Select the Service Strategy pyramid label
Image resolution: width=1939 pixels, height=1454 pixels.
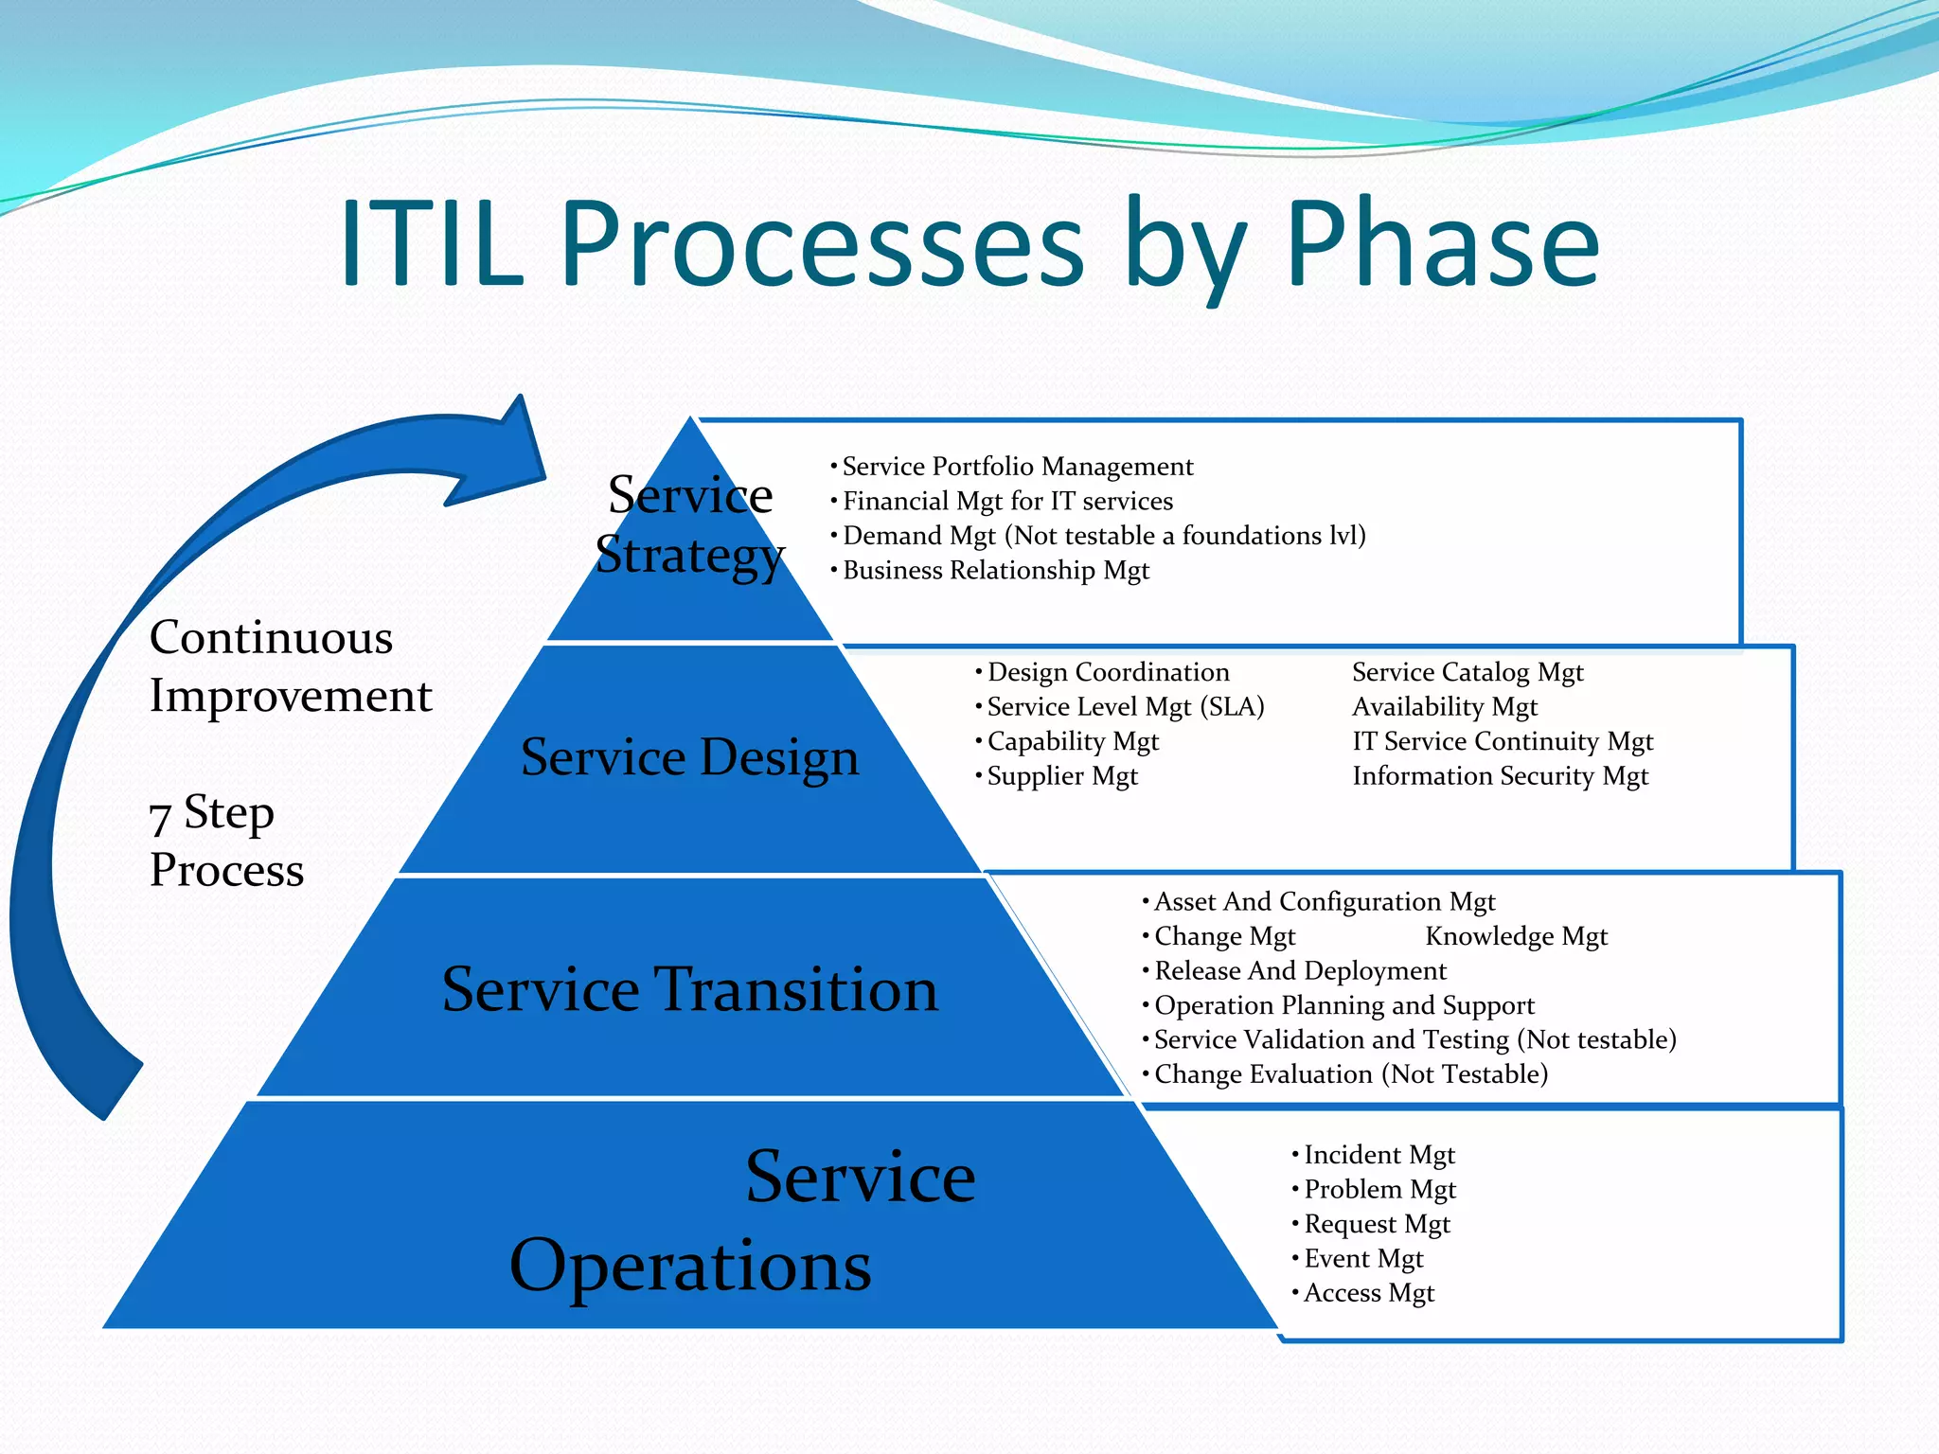pos(690,524)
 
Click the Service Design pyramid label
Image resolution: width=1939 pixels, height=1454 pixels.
pos(690,757)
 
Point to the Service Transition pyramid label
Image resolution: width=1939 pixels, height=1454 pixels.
pos(690,989)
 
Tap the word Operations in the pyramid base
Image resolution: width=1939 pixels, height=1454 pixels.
pos(690,1267)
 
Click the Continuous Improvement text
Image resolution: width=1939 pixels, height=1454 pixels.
pos(290,666)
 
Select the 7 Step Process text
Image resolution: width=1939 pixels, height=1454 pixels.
pos(226,841)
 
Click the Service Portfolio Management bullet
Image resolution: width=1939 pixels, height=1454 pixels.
pos(1017,467)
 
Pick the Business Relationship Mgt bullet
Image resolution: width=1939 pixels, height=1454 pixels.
pos(995,571)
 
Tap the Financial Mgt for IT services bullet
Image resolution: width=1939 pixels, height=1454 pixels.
pos(1007,501)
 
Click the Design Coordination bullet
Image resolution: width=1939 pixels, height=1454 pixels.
pos(1108,672)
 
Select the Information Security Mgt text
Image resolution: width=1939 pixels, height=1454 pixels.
pos(1500,776)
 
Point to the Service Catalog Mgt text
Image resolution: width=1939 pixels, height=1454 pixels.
pos(1467,672)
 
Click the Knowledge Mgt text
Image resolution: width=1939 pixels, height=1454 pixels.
pos(1516,936)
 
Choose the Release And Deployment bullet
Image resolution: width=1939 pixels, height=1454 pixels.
pos(1300,971)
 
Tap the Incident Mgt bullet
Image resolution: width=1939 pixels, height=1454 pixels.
pos(1379,1155)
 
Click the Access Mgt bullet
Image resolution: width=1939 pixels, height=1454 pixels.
pos(1368,1293)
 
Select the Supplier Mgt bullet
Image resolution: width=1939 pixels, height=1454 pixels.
pos(1061,776)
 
